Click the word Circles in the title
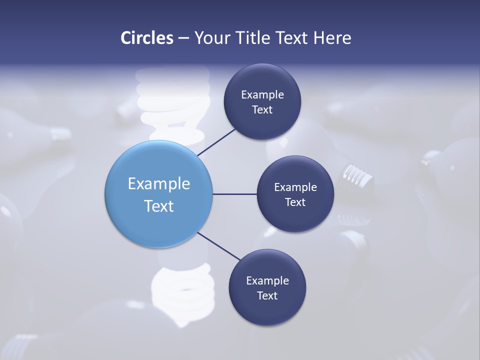[x=146, y=38]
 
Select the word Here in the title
[x=332, y=38]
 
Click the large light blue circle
[x=158, y=165]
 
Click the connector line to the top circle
[x=216, y=142]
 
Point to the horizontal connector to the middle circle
[x=234, y=194]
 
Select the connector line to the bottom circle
[x=219, y=246]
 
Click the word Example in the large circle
[x=158, y=184]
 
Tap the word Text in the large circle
[x=158, y=206]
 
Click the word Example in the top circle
[x=262, y=94]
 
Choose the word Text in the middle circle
[x=295, y=202]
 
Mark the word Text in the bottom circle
[x=267, y=295]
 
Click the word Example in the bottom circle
[x=267, y=280]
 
